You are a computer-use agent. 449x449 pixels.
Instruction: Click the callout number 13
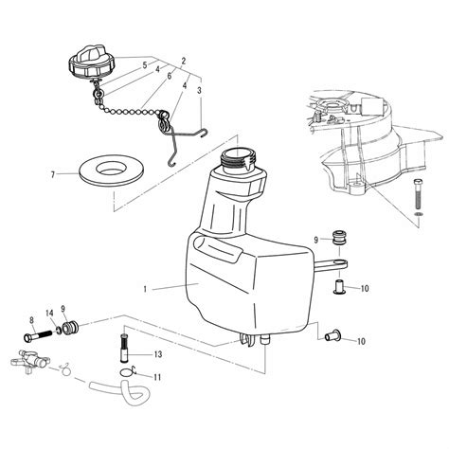tap(157, 354)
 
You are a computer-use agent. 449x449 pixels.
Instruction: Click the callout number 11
tap(157, 378)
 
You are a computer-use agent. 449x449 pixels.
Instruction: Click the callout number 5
tap(145, 65)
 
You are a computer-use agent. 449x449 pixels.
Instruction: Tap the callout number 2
tap(182, 60)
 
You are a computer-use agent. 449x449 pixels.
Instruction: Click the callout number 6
tap(169, 76)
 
